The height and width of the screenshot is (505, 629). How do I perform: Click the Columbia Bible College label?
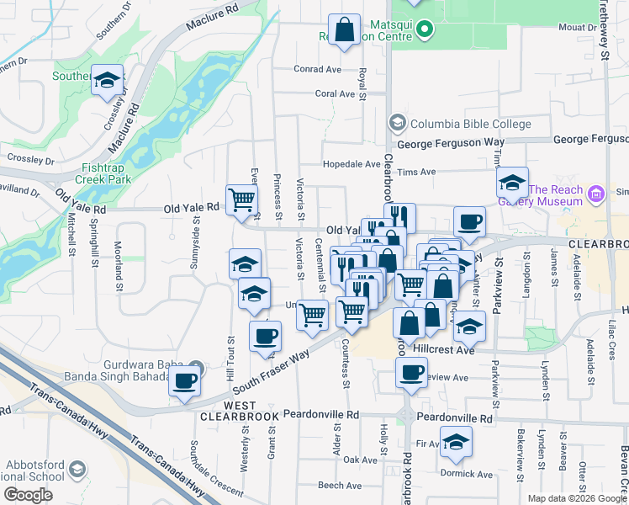point(470,124)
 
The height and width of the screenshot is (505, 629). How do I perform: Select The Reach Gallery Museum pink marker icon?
point(597,194)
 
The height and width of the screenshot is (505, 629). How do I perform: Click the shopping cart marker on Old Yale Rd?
point(242,201)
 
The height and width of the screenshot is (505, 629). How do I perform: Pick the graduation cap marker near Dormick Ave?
point(456,442)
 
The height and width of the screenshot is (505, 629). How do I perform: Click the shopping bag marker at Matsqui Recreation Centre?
point(345,31)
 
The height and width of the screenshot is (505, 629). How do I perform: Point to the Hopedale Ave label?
point(352,164)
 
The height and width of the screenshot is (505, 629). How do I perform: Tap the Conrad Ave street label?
point(317,69)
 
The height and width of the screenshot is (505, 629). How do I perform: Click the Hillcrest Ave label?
point(443,348)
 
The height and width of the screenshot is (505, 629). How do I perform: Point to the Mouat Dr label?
point(576,28)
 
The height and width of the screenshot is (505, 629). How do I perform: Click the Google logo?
point(29,495)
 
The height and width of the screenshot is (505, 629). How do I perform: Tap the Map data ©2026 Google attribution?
point(576,498)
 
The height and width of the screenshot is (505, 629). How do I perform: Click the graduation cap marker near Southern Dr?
point(108,81)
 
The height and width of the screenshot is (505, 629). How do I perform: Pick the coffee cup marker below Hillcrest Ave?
point(411,373)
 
